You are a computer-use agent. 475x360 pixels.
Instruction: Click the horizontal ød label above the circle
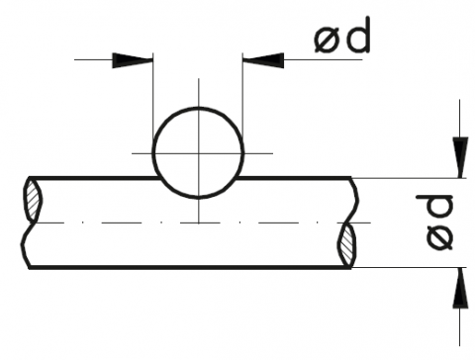[x=342, y=37]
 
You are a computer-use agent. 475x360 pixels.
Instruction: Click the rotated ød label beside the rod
[x=435, y=222]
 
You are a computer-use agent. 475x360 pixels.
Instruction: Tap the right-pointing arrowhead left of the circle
[x=133, y=60]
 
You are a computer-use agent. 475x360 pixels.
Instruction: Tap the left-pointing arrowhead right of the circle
[x=263, y=60]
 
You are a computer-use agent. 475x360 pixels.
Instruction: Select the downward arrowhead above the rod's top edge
[x=460, y=157]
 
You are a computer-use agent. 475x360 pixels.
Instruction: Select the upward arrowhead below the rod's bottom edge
[x=460, y=288]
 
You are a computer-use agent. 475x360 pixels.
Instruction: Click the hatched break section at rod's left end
[x=33, y=200]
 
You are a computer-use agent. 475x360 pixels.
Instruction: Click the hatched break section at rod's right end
[x=346, y=244]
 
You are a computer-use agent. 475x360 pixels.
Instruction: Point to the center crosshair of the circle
[x=199, y=153]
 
